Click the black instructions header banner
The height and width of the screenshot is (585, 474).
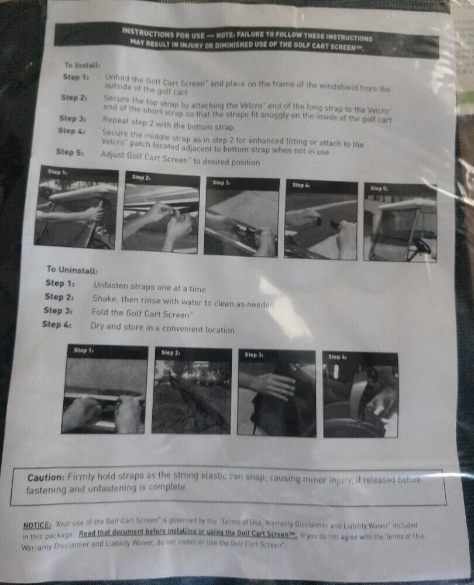(246, 40)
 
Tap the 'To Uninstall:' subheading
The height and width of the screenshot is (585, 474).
(72, 270)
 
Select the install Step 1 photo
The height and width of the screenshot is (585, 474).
(76, 208)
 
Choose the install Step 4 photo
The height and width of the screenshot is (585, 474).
(321, 219)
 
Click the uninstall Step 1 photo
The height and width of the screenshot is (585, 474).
(104, 389)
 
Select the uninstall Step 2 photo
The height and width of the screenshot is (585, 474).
(191, 391)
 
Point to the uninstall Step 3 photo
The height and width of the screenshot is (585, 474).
(277, 393)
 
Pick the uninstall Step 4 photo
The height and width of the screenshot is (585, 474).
(360, 394)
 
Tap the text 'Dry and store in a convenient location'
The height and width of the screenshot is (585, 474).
(162, 329)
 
